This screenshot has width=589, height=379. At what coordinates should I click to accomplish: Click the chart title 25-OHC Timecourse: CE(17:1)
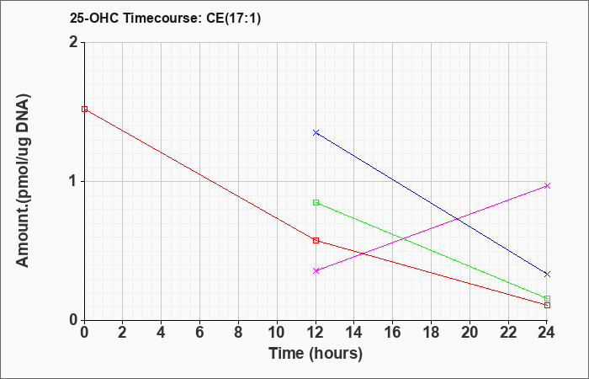coord(165,18)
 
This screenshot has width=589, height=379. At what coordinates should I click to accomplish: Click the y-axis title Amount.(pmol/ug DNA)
coord(23,180)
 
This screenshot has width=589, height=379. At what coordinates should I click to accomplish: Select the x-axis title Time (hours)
coord(316,354)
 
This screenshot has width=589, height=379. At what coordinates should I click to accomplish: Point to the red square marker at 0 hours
coord(84,109)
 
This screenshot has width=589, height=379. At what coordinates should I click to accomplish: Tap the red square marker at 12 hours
coord(316,241)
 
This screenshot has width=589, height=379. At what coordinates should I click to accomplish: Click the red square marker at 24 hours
coord(547,305)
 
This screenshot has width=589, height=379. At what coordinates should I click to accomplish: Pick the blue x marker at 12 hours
coord(316,133)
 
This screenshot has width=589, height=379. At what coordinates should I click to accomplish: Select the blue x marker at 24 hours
coord(547,274)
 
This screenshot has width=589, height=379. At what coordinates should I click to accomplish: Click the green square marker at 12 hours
coord(316,203)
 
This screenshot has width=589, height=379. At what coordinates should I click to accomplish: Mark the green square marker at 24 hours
coord(547,298)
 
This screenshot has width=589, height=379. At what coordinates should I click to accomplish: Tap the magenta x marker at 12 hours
coord(316,270)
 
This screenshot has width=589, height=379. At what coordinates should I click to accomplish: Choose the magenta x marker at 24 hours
coord(547,186)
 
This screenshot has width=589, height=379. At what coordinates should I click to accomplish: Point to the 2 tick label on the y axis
coord(74,42)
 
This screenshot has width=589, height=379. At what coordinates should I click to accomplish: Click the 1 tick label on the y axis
coord(74,182)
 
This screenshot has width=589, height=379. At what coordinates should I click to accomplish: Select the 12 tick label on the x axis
coord(316,333)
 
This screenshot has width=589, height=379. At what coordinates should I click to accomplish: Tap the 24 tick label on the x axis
coord(547,333)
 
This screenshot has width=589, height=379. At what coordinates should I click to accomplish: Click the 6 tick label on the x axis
coord(200,333)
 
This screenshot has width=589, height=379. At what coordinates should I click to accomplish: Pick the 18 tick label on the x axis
coord(432,333)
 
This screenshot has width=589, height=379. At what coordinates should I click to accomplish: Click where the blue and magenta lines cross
coord(457,219)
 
